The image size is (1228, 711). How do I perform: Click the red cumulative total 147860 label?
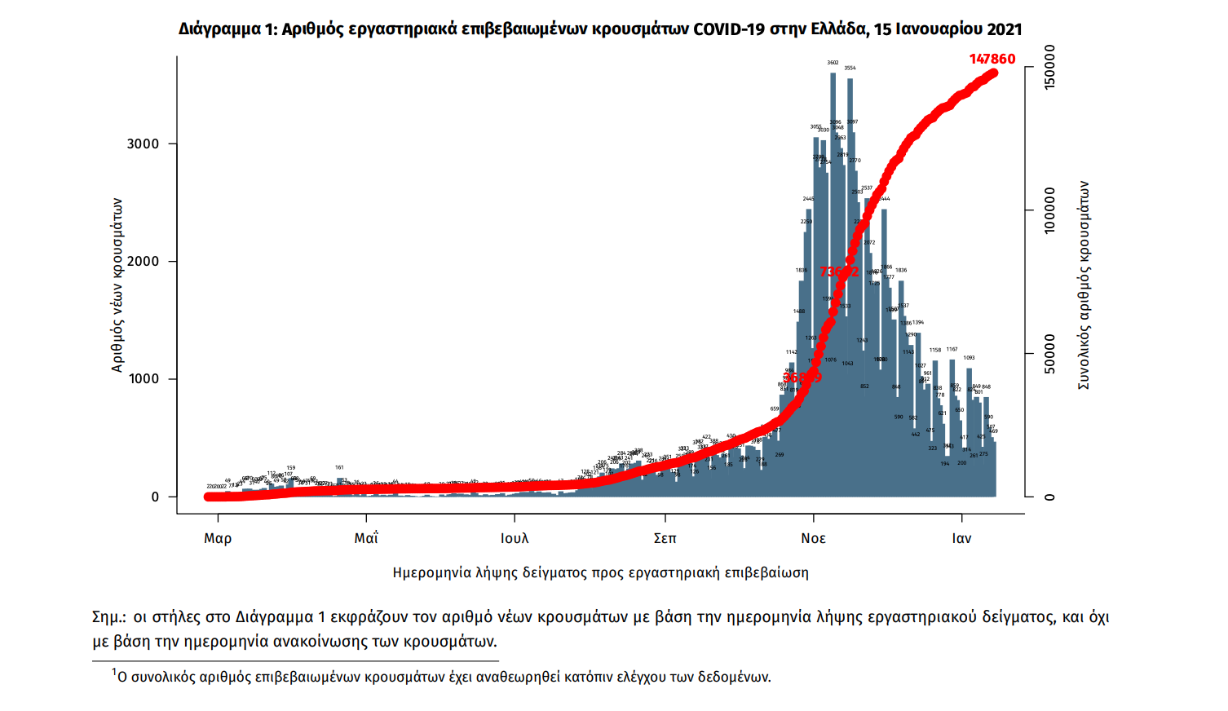coord(992,59)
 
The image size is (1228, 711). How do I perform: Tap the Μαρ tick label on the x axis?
coord(218,538)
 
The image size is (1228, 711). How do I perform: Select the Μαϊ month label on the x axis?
coord(366,538)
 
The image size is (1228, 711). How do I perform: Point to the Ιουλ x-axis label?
coord(515,538)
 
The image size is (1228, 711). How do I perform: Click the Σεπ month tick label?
coord(665,538)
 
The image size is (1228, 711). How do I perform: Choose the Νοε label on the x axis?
coord(813,538)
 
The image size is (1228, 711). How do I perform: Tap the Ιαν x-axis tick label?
coord(961,538)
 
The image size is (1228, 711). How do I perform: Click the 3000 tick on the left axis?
coord(143,144)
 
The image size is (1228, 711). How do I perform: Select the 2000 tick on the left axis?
coord(143,262)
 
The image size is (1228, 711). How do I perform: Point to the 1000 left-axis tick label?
coord(143,379)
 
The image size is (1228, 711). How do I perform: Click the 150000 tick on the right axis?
coord(1049,68)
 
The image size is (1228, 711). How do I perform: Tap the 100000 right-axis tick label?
coord(1049,210)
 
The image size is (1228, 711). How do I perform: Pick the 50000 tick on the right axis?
coord(1049,354)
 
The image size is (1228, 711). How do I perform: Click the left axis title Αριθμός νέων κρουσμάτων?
coord(117,285)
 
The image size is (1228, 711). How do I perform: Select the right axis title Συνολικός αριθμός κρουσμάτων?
coord(1084,285)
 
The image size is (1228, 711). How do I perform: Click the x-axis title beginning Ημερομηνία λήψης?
coord(600,572)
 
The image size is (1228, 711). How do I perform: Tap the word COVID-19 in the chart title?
coord(729,29)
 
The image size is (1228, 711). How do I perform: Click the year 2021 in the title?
coord(1004,29)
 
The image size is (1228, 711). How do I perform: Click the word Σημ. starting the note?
coord(108,617)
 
